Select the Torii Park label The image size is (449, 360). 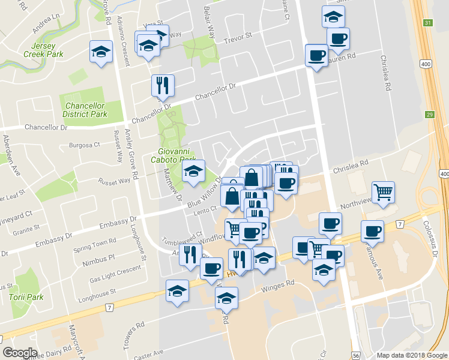click(26, 297)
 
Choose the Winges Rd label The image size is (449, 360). click(279, 287)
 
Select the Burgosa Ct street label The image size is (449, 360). click(84, 145)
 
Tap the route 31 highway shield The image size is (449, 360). click(427, 23)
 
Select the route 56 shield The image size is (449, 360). click(357, 355)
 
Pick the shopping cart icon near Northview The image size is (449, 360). click(383, 192)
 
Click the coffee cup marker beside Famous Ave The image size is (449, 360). click(372, 231)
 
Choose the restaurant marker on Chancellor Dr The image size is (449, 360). click(162, 85)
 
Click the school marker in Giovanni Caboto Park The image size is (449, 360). click(193, 171)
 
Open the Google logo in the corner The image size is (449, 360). click(20, 353)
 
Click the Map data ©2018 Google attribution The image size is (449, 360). click(411, 355)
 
